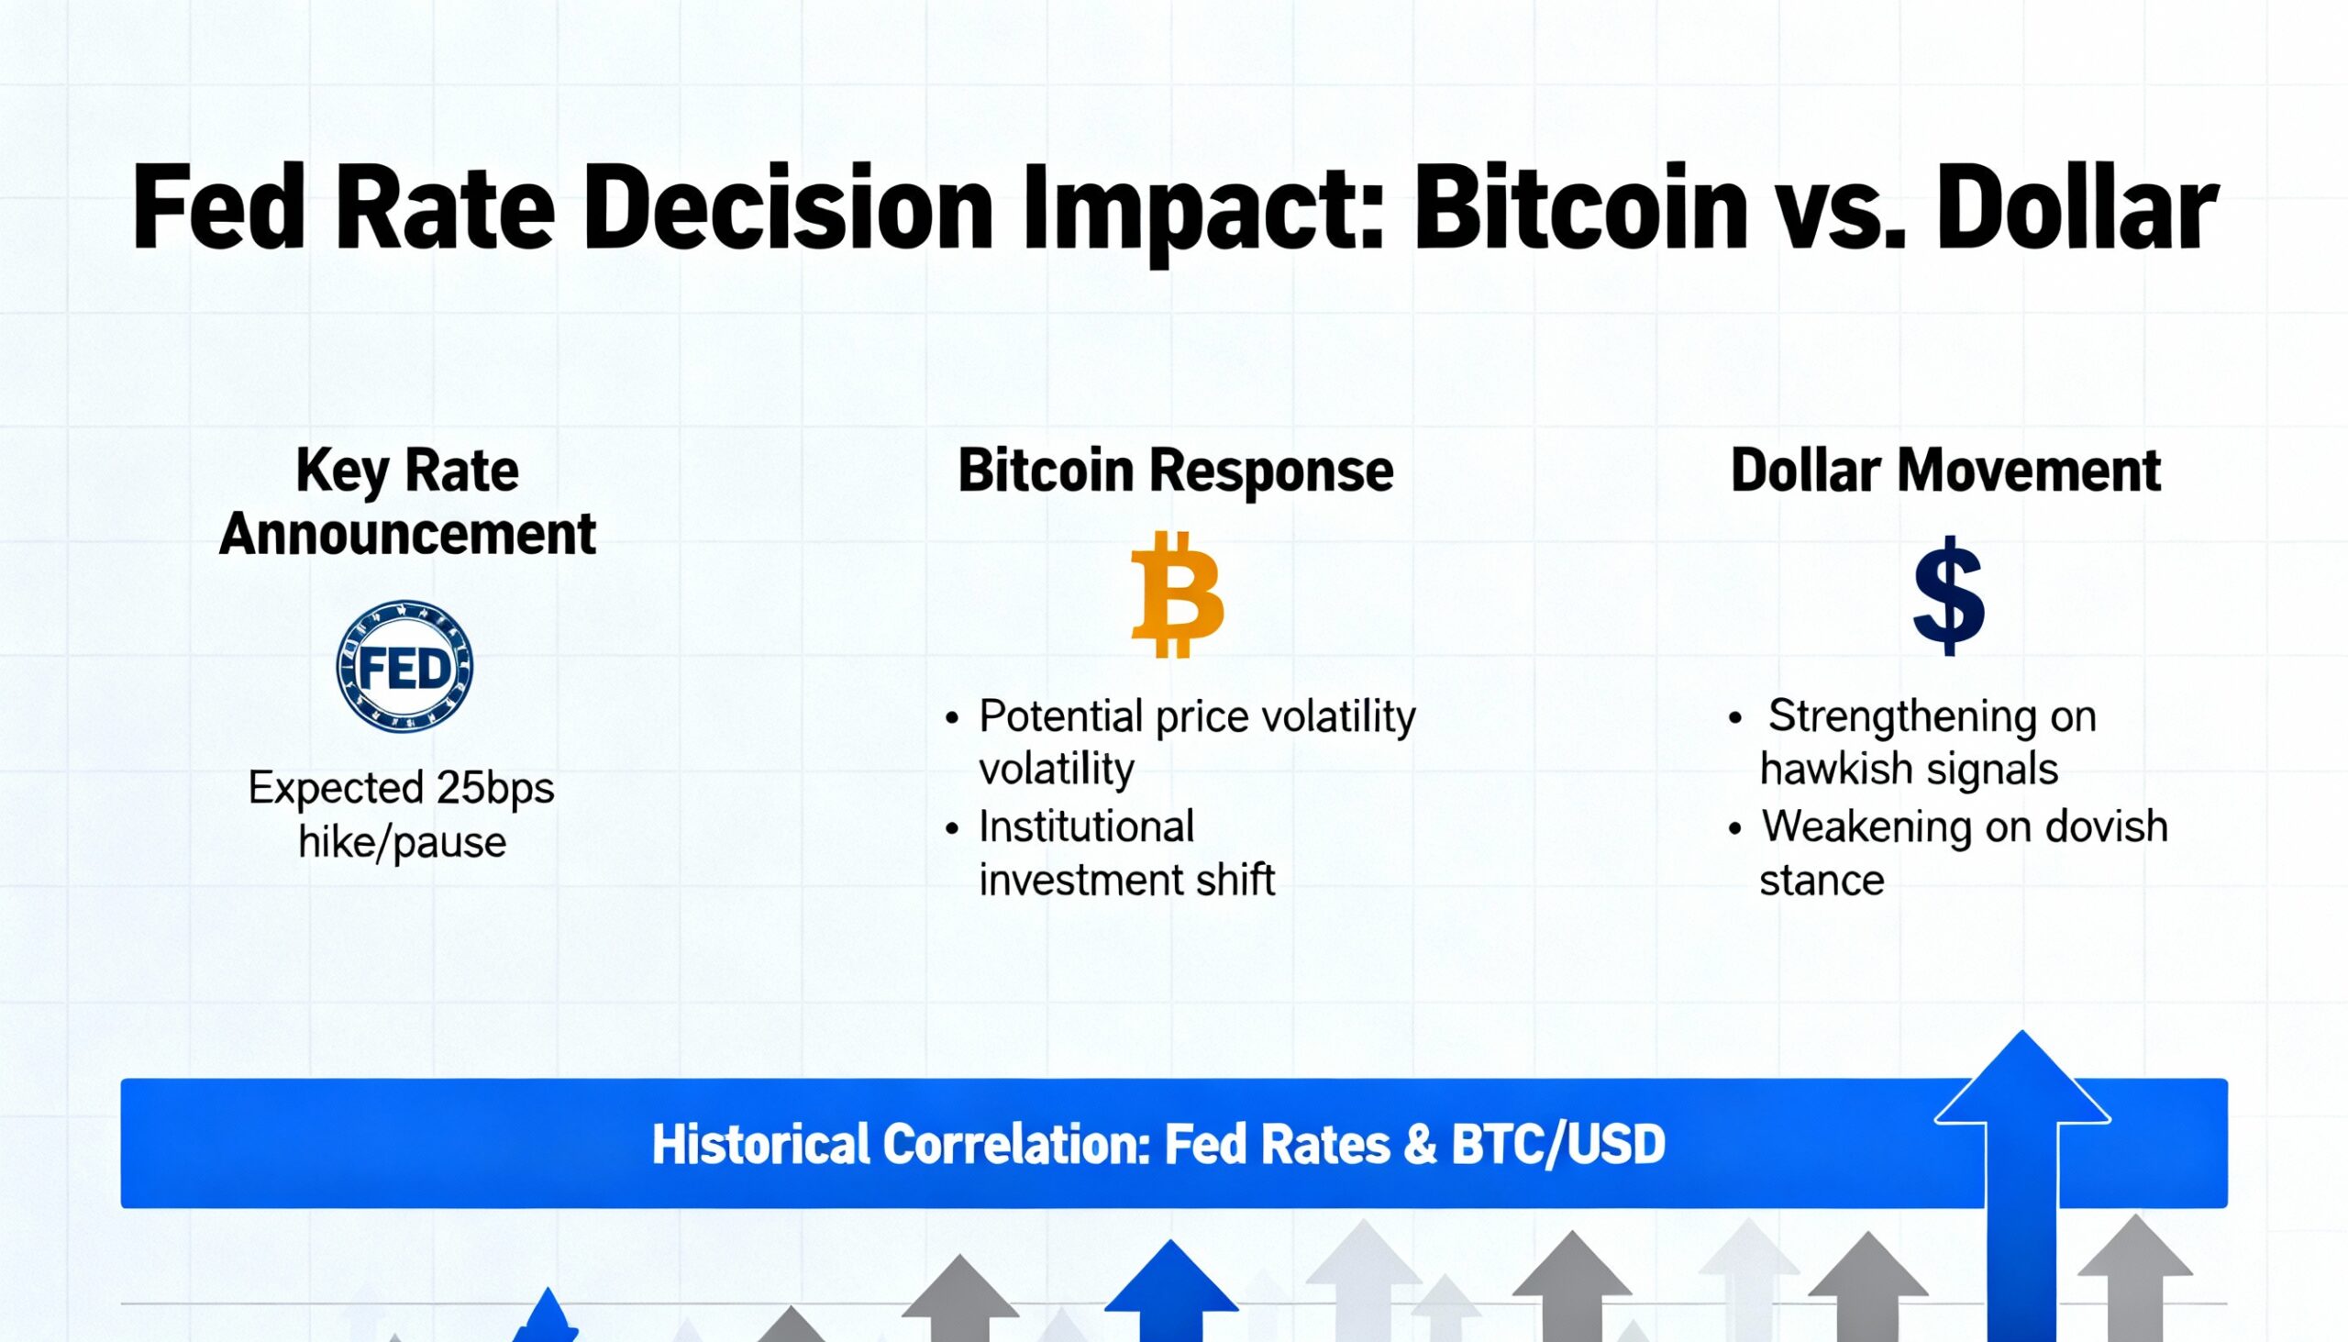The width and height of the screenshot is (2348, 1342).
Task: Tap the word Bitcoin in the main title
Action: pyautogui.click(x=1579, y=209)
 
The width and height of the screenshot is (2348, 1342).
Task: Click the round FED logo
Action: pyautogui.click(x=404, y=666)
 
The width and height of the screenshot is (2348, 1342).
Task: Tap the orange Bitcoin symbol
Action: pyautogui.click(x=1177, y=594)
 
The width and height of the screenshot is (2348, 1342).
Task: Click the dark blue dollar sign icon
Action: pyautogui.click(x=1948, y=596)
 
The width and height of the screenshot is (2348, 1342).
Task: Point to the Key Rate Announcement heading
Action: pyautogui.click(x=407, y=502)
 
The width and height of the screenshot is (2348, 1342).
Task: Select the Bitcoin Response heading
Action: pyautogui.click(x=1175, y=471)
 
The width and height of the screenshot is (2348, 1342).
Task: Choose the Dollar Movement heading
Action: pyautogui.click(x=1945, y=471)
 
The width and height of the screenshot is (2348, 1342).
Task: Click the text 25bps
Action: pyautogui.click(x=495, y=788)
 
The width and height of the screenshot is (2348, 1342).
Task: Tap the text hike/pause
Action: pyautogui.click(x=402, y=841)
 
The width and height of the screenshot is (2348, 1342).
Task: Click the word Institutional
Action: pyautogui.click(x=1086, y=826)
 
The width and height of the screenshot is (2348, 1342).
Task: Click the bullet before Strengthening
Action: pyautogui.click(x=1735, y=717)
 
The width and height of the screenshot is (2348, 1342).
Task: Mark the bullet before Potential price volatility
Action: pyautogui.click(x=952, y=717)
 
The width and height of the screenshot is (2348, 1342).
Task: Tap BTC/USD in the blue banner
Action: pyautogui.click(x=1557, y=1145)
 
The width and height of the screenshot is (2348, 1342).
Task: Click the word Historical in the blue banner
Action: pyautogui.click(x=760, y=1145)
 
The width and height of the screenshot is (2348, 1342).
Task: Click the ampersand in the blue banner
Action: pyautogui.click(x=1420, y=1145)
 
